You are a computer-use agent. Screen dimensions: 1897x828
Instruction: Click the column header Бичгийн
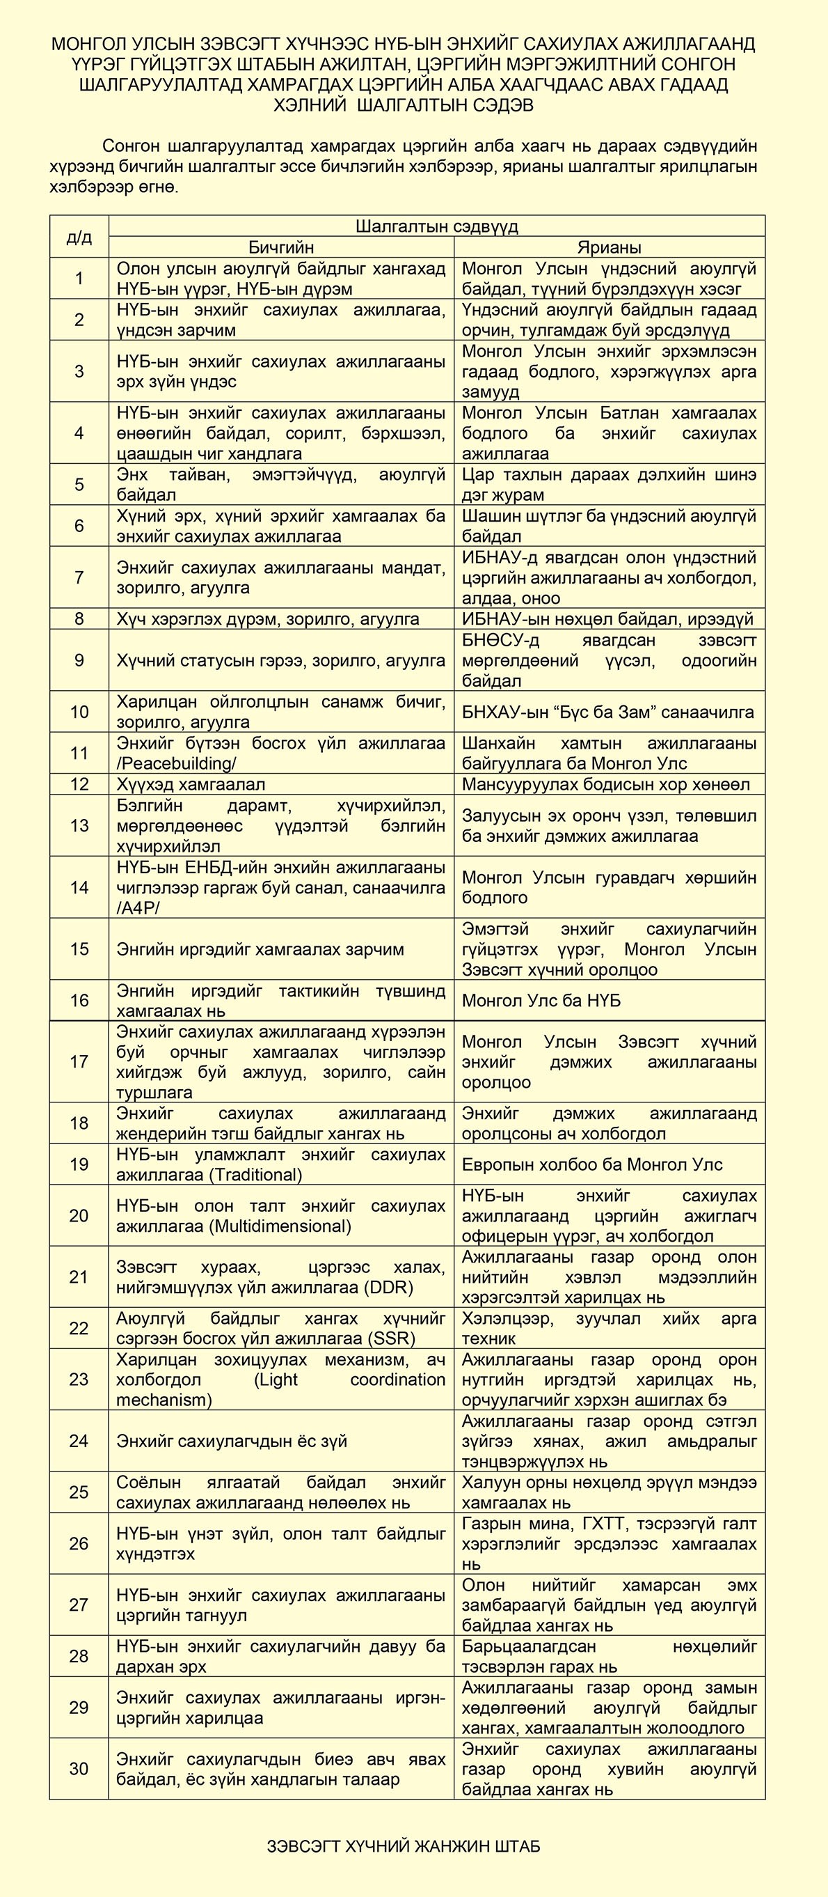coord(280,247)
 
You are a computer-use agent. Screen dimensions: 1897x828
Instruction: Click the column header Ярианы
coord(609,247)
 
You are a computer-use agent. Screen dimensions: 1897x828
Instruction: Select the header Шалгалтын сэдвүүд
coord(436,226)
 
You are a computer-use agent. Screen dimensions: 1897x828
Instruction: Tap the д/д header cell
coord(79,236)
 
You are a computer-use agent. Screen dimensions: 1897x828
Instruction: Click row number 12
coord(79,784)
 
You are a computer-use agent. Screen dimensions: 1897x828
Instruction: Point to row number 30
coord(79,1769)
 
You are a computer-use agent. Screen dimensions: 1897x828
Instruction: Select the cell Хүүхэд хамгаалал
coord(191,784)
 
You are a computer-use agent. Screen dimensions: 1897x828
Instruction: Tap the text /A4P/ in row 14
coord(138,908)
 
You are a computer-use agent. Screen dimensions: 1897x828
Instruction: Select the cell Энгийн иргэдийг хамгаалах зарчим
coord(260,949)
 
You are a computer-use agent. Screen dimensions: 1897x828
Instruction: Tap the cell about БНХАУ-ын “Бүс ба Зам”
coord(608,712)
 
